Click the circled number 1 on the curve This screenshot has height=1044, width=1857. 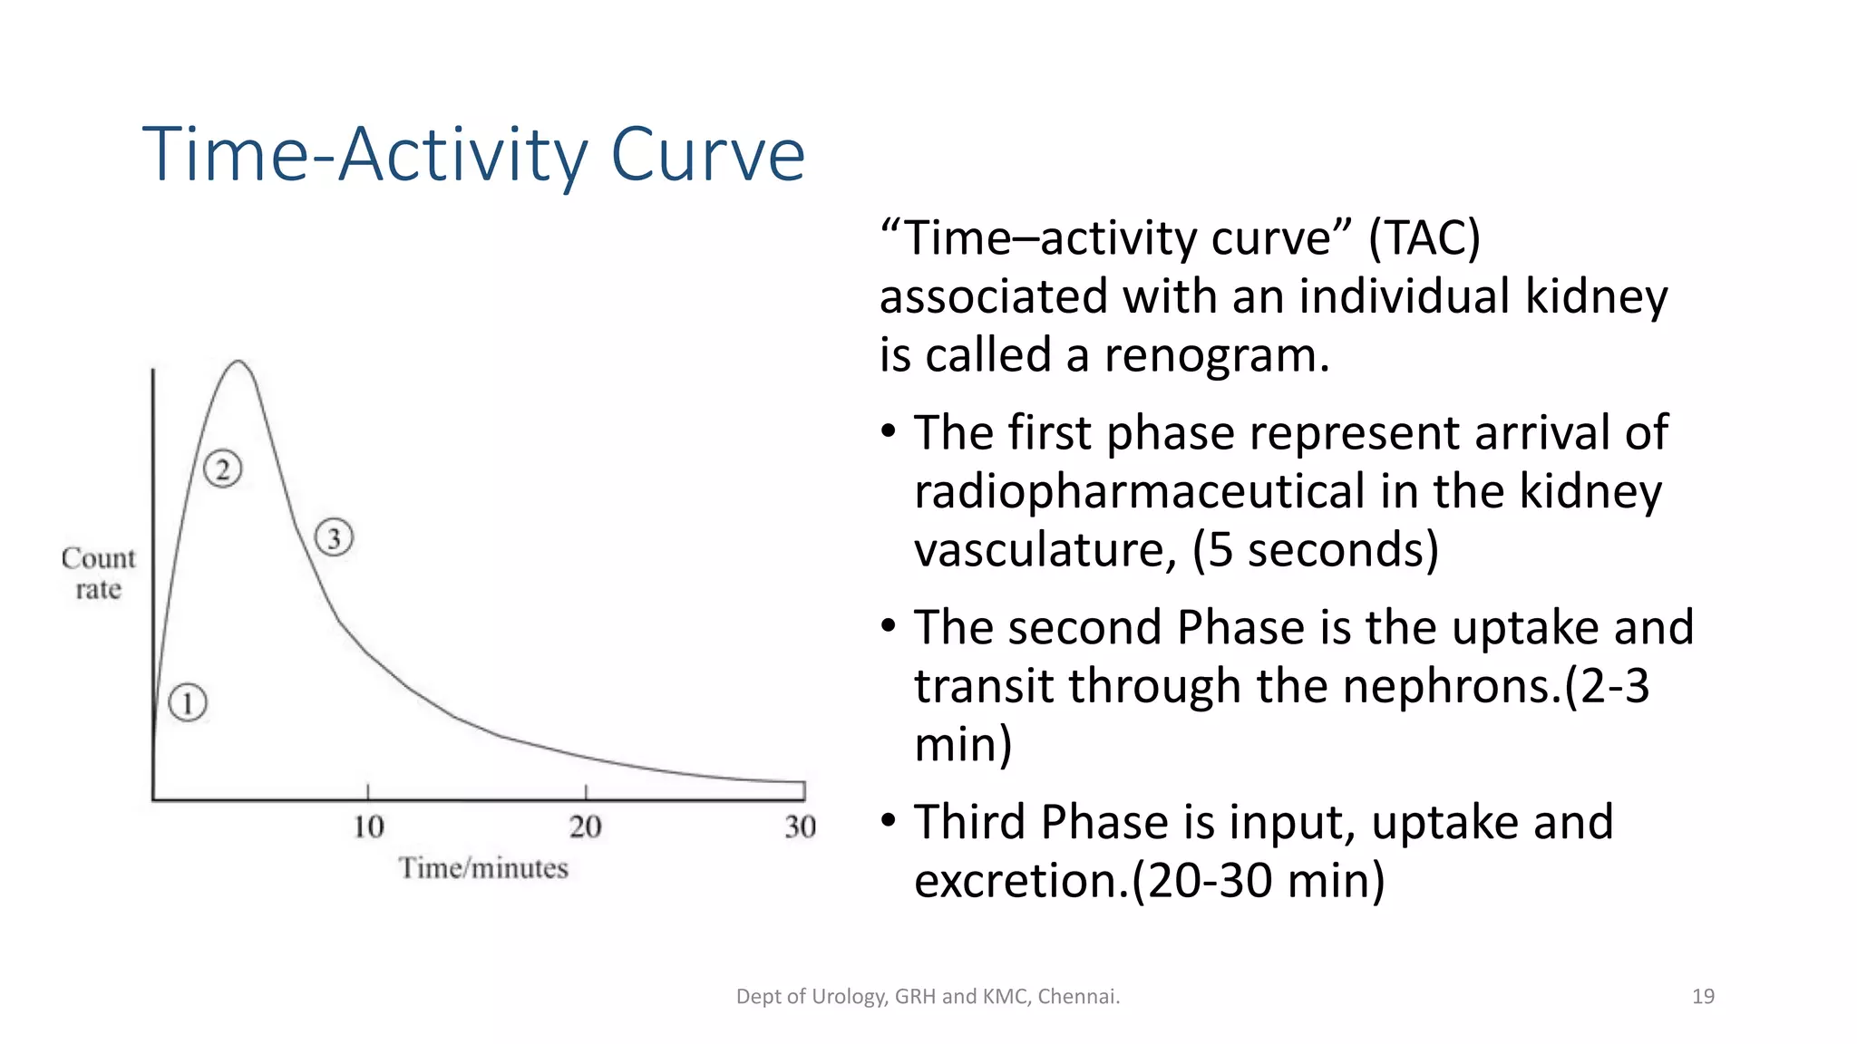[x=188, y=703]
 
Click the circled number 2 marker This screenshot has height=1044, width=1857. [x=222, y=469]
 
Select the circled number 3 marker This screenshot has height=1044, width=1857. [x=334, y=538]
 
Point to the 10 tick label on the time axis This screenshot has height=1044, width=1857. [x=368, y=826]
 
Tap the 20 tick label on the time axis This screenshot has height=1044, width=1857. [x=586, y=826]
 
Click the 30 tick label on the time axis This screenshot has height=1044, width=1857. [x=801, y=826]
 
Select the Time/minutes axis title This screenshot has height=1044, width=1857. [x=483, y=868]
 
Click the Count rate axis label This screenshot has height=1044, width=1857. [x=98, y=573]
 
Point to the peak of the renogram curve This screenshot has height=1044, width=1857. [x=238, y=362]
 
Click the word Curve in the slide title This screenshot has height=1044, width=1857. [x=707, y=154]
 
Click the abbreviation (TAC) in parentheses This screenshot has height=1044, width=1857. [x=1424, y=238]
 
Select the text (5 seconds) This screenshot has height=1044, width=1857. [x=1316, y=550]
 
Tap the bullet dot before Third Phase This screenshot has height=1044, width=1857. [x=889, y=820]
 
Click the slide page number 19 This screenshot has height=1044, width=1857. [x=1703, y=996]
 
